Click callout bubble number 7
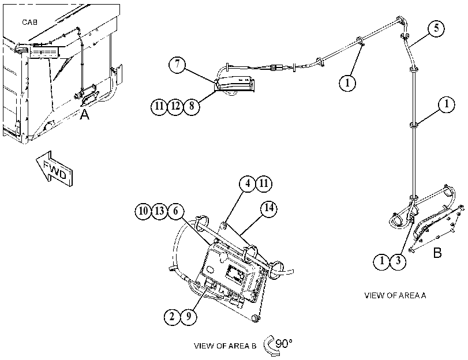click(x=177, y=64)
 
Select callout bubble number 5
click(x=436, y=29)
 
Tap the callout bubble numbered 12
click(x=175, y=106)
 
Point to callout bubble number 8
click(x=192, y=106)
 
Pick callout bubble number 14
click(x=268, y=208)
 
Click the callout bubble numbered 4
click(x=248, y=183)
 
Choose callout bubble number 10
click(x=143, y=211)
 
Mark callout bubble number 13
click(x=159, y=211)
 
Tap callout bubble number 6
click(x=175, y=211)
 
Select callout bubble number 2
click(x=172, y=316)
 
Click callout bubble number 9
click(x=188, y=316)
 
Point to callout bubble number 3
click(x=398, y=261)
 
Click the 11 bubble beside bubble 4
click(x=264, y=183)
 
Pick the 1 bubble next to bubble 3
click(x=382, y=261)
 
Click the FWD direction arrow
click(x=54, y=168)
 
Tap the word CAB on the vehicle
click(x=29, y=22)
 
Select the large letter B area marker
click(x=437, y=253)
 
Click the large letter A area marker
click(x=84, y=114)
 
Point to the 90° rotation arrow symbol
click(x=272, y=346)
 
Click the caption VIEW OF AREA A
click(x=395, y=295)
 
